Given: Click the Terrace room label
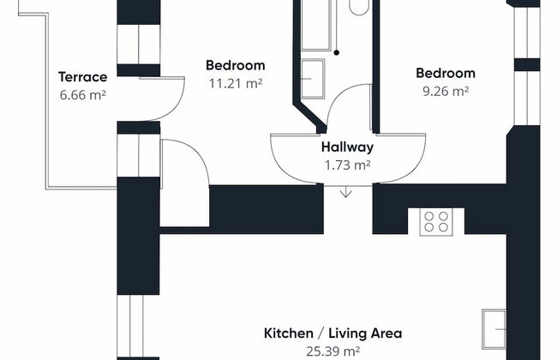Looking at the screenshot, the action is point(83,77).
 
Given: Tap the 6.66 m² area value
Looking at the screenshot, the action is point(83,95).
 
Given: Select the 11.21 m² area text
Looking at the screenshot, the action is point(236,83).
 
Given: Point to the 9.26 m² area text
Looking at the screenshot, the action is point(446,92).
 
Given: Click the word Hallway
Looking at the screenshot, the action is point(347,147).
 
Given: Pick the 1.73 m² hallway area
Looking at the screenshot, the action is point(347,165).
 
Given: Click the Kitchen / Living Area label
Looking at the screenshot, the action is point(332,333).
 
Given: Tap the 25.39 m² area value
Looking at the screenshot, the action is point(332,351).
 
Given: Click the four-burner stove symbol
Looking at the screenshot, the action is point(436,222).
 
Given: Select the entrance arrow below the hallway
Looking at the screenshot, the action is point(346,192).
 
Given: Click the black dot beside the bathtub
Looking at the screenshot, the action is point(337,52).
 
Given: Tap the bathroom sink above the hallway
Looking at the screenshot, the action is point(313,79).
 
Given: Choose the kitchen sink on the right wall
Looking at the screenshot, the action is point(494,329).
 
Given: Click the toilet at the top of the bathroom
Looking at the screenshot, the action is point(359,8).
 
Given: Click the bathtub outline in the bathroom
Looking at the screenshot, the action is point(316,25).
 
